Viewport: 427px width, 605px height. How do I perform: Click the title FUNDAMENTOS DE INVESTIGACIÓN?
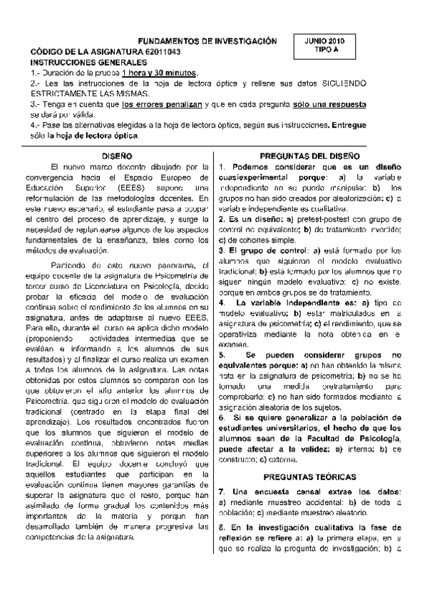[x=206, y=42]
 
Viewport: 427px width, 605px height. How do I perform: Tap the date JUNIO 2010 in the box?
[x=324, y=42]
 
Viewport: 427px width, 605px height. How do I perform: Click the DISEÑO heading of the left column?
[x=116, y=155]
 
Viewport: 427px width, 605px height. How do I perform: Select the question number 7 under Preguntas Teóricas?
[x=222, y=492]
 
